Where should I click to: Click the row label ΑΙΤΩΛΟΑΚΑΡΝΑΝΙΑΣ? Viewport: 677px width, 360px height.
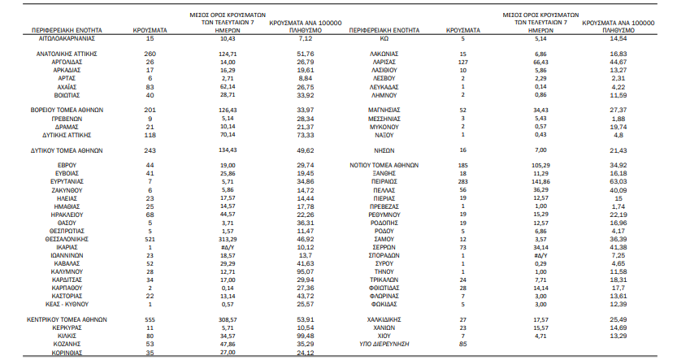[67, 38]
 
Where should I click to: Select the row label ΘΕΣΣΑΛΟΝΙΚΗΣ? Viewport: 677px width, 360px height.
[67, 239]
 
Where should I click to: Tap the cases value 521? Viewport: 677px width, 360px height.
[150, 239]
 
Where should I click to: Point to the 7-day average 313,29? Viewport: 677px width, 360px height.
[228, 239]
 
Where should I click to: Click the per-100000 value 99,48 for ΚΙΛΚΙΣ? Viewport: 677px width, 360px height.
[306, 336]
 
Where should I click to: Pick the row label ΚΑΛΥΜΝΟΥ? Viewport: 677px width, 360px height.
[67, 272]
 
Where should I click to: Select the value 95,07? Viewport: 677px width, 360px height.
[306, 272]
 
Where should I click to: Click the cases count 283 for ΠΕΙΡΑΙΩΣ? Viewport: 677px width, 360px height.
[463, 182]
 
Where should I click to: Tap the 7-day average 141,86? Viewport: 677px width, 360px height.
[540, 182]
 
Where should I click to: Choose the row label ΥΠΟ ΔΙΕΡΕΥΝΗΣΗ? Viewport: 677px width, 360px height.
[384, 344]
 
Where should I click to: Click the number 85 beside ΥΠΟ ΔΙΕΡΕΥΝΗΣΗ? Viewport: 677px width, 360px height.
[463, 344]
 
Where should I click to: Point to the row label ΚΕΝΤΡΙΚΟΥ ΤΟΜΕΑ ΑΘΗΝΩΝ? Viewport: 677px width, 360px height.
[67, 320]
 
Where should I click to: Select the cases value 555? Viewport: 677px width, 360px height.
[150, 320]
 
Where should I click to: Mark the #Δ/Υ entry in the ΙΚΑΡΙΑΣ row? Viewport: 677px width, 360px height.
[228, 247]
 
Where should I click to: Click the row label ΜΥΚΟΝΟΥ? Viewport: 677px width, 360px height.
[384, 127]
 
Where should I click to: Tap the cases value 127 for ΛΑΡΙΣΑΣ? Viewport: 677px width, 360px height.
[463, 62]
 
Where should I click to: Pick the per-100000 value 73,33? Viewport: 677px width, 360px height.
[306, 135]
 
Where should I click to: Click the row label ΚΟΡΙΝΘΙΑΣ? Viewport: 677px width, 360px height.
[67, 353]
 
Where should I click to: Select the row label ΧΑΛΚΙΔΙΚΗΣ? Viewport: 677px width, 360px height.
[384, 320]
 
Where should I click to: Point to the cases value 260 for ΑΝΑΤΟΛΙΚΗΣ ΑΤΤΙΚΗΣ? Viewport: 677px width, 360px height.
[150, 54]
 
